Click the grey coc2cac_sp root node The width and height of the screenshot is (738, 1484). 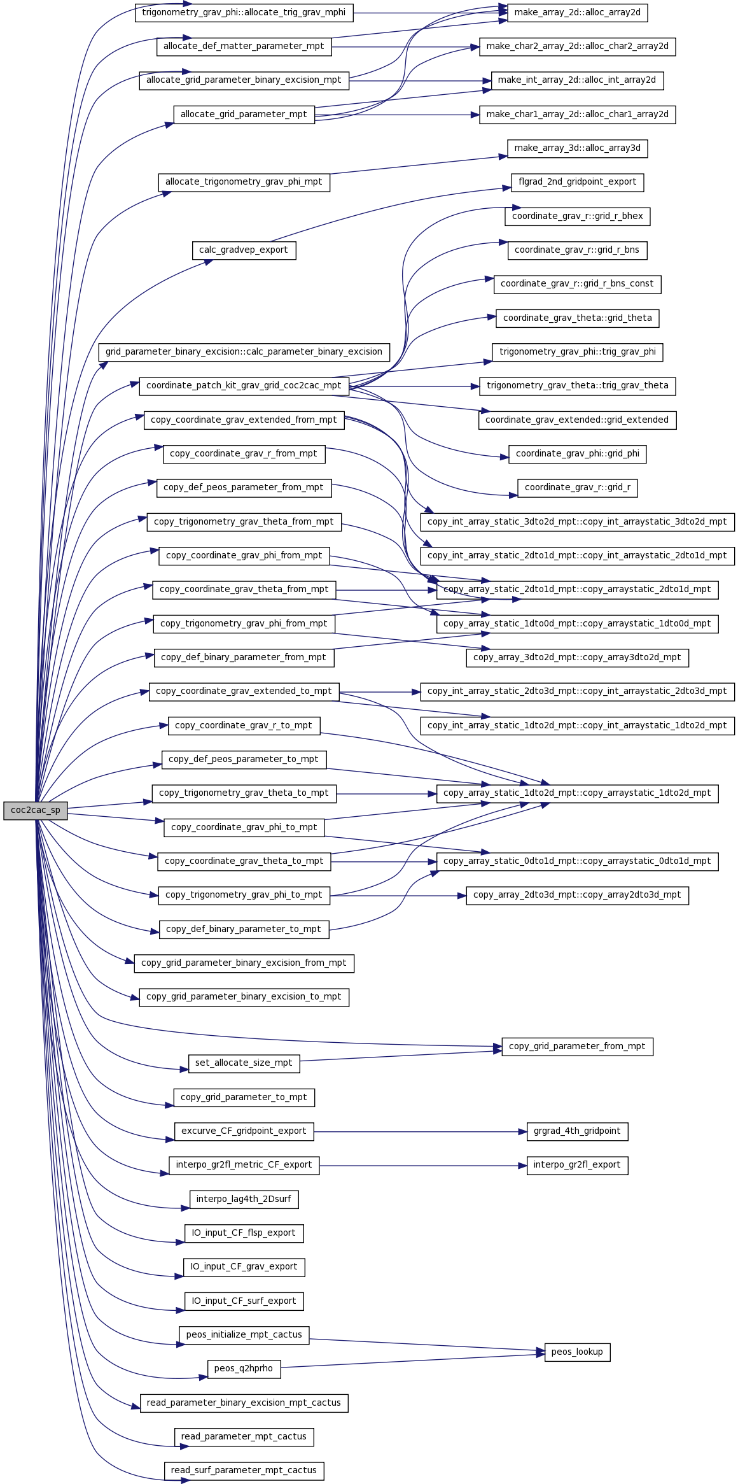point(36,810)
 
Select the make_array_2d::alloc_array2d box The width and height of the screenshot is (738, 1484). point(577,13)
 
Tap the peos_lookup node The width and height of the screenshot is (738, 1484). point(577,1352)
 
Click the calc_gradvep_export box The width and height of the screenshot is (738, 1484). point(244,250)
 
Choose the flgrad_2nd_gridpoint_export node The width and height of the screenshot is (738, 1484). point(577,182)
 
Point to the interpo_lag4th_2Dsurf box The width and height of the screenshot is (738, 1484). point(244,1199)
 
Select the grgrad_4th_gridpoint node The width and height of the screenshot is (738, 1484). point(577,1131)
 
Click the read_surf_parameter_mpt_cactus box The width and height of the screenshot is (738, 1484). point(244,1471)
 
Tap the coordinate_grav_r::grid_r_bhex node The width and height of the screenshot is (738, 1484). point(577,216)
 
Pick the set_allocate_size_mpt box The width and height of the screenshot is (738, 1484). point(244,1063)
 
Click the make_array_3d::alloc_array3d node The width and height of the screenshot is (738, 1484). point(577,148)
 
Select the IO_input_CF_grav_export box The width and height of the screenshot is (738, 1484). point(244,1267)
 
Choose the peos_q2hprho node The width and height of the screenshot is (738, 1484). point(244,1369)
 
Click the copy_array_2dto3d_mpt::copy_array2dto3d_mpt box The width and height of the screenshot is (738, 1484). point(577,895)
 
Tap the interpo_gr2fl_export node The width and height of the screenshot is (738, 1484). point(577,1165)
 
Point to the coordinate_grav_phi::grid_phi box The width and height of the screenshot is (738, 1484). point(577,454)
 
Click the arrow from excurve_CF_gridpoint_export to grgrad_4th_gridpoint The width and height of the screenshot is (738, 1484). point(420,1131)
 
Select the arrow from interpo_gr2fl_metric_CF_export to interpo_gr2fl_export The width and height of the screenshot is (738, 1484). point(423,1165)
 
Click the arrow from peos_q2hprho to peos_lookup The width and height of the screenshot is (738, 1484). point(413,1361)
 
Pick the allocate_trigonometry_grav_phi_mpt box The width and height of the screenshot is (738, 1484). point(244,182)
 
